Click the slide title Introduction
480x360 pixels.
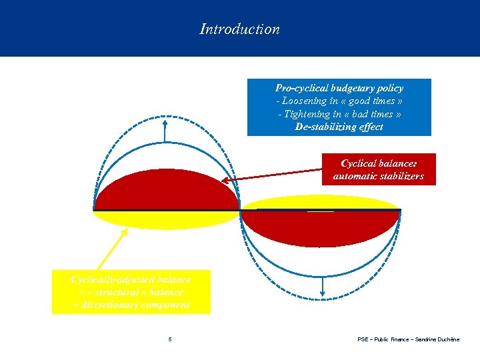point(239,29)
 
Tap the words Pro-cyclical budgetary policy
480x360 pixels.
point(339,88)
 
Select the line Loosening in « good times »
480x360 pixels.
point(339,101)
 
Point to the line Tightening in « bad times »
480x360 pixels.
point(339,114)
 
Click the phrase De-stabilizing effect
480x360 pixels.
point(339,127)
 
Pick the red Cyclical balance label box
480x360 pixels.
point(379,170)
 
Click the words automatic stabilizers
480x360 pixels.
point(379,177)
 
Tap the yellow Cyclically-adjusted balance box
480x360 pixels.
point(131,291)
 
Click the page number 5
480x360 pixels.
point(170,339)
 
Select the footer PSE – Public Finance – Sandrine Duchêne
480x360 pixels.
point(408,339)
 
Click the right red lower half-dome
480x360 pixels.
point(320,227)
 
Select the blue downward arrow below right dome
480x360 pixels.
point(323,283)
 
